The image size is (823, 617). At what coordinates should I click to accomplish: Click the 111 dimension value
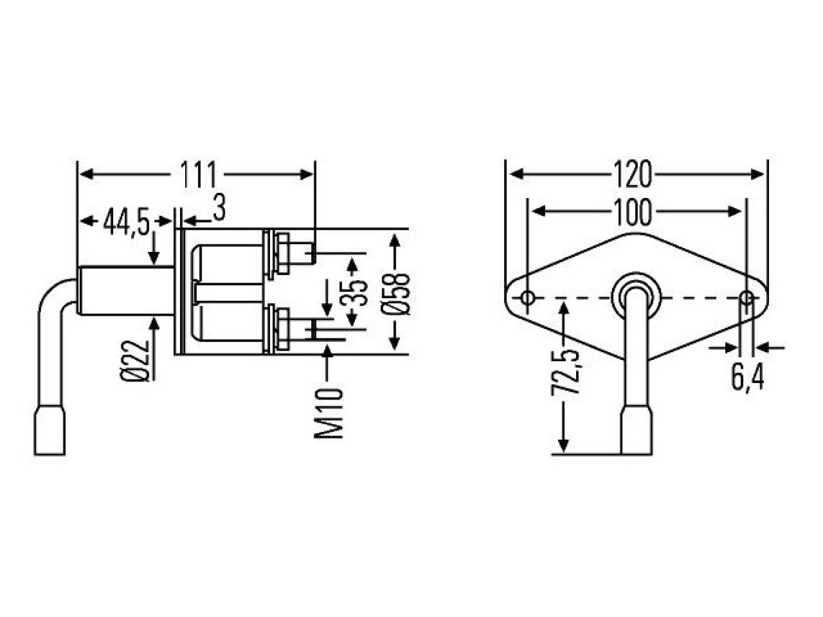coord(199,175)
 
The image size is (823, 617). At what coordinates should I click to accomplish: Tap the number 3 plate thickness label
coord(219,208)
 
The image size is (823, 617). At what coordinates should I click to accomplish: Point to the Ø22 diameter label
coord(135,361)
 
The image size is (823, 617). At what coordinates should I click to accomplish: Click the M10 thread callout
coord(329,413)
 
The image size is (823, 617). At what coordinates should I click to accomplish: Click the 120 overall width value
coord(633,175)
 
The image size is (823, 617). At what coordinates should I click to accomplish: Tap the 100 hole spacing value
coord(633,212)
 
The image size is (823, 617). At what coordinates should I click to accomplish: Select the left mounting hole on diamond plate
coord(528,298)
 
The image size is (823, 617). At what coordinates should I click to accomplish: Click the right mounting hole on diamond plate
coord(746,298)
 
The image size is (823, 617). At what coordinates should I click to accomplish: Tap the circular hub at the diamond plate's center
coord(636,285)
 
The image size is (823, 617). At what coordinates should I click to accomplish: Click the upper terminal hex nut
coord(283,253)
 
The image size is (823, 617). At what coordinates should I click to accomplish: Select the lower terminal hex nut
coord(283,330)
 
